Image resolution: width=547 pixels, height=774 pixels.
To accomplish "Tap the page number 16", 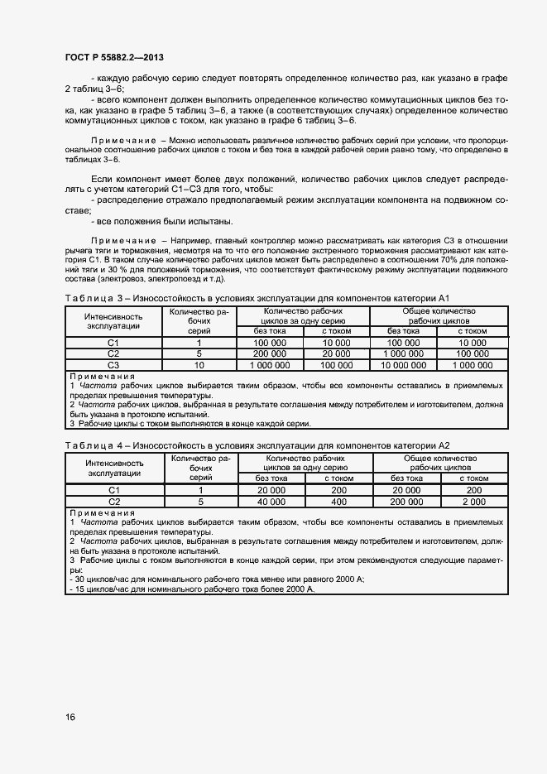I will (x=70, y=717).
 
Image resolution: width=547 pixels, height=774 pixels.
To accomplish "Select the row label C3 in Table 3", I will (x=113, y=364).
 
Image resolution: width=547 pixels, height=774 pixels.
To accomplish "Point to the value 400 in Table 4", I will (x=339, y=502).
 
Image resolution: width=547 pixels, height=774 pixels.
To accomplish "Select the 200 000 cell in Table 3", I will (x=270, y=353).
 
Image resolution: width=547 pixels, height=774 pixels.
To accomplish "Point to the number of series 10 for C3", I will (x=199, y=364).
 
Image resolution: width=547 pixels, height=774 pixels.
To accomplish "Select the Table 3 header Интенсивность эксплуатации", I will (x=114, y=321).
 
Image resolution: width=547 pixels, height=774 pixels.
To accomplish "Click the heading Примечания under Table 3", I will (x=98, y=376).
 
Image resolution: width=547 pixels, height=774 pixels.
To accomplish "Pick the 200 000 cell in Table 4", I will (x=406, y=502).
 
